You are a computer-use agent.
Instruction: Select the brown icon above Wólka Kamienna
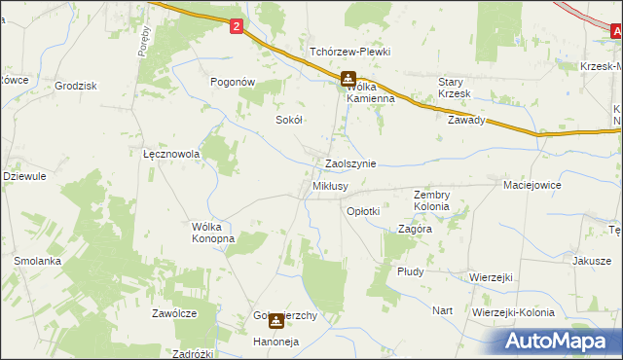click(348, 80)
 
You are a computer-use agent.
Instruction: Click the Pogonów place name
click(234, 83)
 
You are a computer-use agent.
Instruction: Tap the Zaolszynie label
click(350, 164)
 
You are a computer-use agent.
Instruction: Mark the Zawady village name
click(466, 121)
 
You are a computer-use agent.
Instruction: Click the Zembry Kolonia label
click(431, 200)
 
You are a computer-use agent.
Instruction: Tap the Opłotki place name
click(363, 210)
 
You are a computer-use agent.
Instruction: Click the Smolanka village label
click(38, 261)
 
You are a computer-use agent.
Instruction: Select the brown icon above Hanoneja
click(276, 320)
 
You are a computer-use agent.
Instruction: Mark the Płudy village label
click(410, 271)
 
